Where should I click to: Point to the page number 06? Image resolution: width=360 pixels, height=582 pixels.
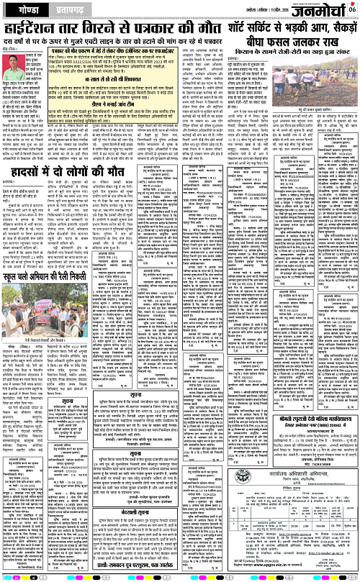pos(352,9)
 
